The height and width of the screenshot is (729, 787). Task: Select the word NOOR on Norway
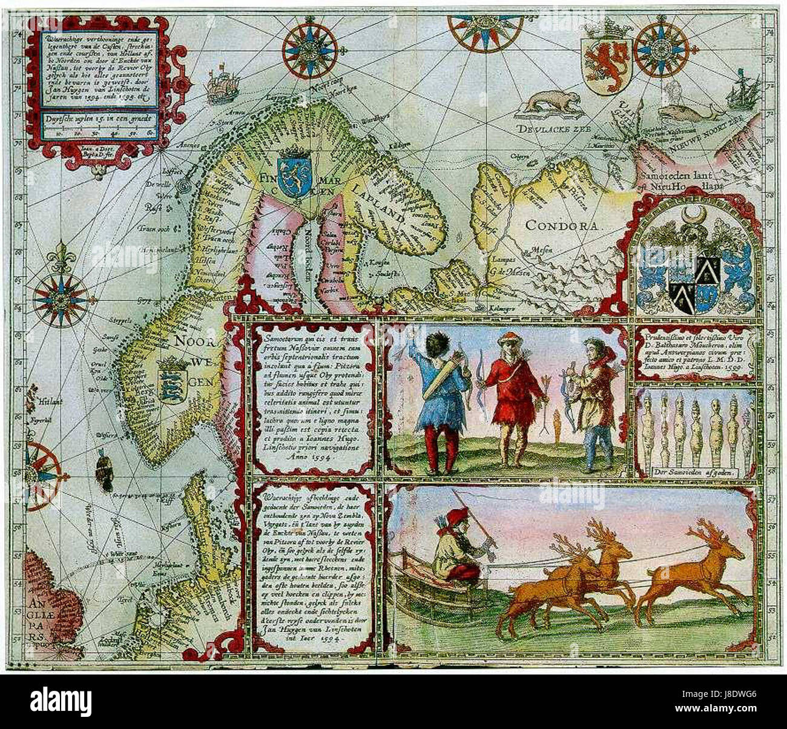pyautogui.click(x=192, y=340)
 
